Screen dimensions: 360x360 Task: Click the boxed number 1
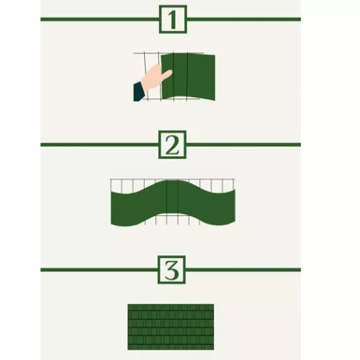click(x=173, y=20)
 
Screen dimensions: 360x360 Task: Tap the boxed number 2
click(x=173, y=145)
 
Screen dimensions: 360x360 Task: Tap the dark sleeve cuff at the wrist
click(x=139, y=92)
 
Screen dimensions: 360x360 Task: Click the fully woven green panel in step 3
click(x=171, y=327)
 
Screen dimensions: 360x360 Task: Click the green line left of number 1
click(x=99, y=19)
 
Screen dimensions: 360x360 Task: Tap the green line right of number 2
click(x=243, y=144)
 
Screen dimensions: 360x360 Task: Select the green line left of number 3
click(x=99, y=269)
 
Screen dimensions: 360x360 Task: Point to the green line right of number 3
click(x=243, y=269)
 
